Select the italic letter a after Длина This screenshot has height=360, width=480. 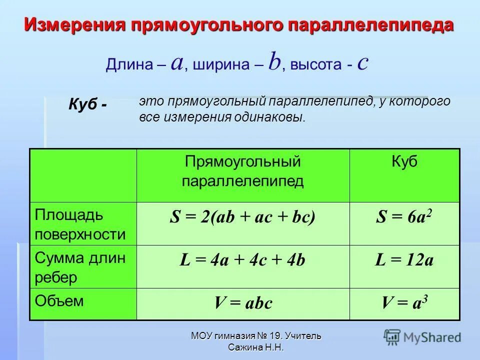tap(176, 63)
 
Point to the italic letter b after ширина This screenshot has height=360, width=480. tap(274, 62)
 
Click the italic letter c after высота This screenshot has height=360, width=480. tap(363, 63)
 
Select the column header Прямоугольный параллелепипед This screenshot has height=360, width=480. tap(242, 171)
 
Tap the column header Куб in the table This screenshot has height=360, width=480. tap(404, 162)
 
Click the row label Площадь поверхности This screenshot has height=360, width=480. tap(80, 224)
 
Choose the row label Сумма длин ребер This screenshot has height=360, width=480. tap(80, 267)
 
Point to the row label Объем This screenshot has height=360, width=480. tap(59, 301)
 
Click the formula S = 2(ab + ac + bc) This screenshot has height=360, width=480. tap(242, 217)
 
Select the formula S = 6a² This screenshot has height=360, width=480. tap(404, 217)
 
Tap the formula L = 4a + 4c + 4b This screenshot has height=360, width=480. tap(242, 260)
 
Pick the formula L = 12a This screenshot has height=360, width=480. tap(404, 260)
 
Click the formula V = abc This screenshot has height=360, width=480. tap(243, 303)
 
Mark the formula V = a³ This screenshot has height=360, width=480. tap(404, 303)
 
